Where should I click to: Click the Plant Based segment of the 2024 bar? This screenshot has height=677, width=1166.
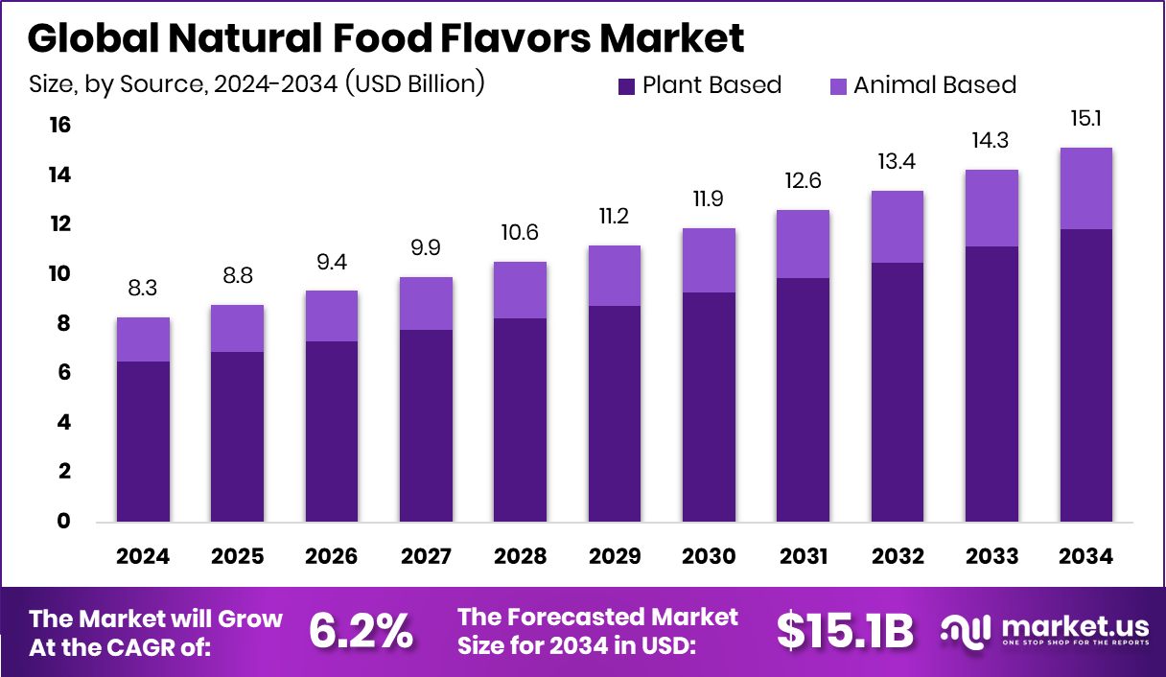pos(144,441)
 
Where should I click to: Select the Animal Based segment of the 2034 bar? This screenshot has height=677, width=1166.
pos(1085,189)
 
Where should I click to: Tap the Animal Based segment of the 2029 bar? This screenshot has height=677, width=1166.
pos(615,276)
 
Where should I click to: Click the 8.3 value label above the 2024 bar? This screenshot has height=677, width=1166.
pos(144,288)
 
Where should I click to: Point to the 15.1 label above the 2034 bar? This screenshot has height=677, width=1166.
pos(1085,119)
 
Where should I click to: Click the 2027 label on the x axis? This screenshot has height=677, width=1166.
pos(426,557)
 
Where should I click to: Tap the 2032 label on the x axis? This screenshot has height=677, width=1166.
pos(898,557)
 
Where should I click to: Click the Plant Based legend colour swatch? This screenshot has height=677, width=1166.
pos(627,85)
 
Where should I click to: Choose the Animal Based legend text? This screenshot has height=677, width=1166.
pos(934,85)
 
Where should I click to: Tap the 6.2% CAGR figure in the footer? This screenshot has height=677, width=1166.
pos(361,630)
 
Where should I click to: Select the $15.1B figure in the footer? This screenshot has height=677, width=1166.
pos(844,630)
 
